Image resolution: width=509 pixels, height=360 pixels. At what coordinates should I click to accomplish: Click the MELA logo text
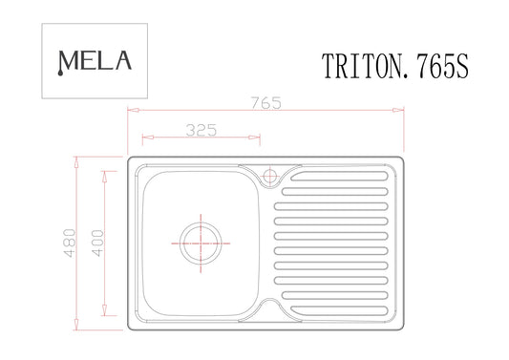pyautogui.click(x=95, y=62)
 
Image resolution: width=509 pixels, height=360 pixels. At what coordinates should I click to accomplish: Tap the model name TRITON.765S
pyautogui.click(x=395, y=66)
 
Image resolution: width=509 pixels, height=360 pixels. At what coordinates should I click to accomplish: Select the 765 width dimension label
pyautogui.click(x=265, y=103)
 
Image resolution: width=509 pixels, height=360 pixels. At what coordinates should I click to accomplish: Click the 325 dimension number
pyautogui.click(x=201, y=130)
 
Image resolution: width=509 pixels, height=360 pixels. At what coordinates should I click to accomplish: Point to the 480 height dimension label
pyautogui.click(x=70, y=244)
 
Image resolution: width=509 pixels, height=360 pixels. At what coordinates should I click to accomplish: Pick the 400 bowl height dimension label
pyautogui.click(x=97, y=244)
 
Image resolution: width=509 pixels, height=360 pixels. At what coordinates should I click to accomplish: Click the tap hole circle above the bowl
pyautogui.click(x=269, y=177)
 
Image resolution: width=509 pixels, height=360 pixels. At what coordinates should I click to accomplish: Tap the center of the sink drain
pyautogui.click(x=201, y=244)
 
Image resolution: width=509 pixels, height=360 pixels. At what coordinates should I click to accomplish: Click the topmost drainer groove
pyautogui.click(x=339, y=177)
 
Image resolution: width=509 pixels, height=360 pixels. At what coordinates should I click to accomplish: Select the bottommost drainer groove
pyautogui.click(x=339, y=310)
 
